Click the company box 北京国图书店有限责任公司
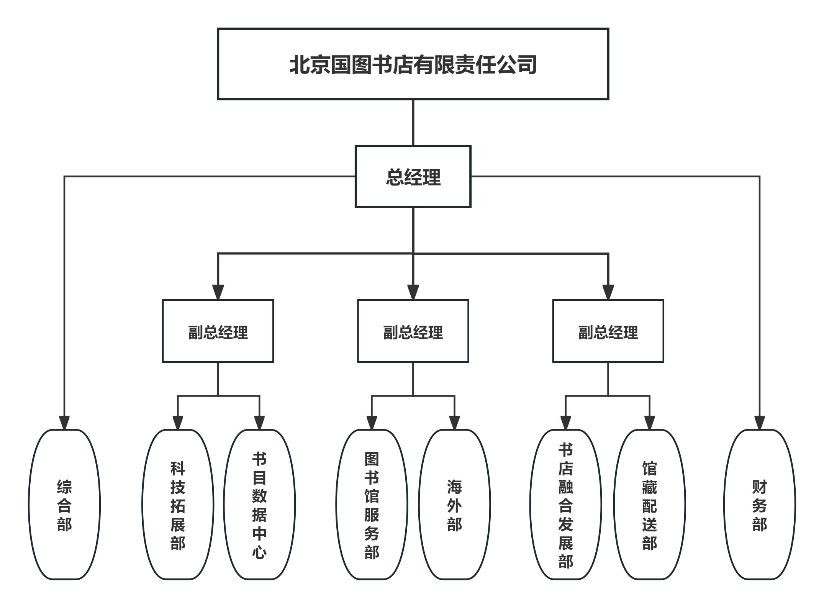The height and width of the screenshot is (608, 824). tap(413, 64)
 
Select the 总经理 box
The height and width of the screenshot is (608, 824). tap(413, 177)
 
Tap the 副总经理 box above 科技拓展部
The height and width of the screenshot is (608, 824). tap(218, 331)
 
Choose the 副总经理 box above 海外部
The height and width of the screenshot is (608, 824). tap(413, 331)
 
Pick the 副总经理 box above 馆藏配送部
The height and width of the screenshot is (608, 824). tap(608, 331)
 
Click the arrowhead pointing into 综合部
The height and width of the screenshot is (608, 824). tap(64, 422)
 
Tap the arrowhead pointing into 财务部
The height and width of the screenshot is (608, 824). tap(759, 422)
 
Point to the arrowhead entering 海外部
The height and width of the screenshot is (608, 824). tap(454, 422)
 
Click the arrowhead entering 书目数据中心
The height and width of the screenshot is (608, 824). tap(259, 422)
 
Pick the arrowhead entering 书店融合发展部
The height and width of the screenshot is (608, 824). tap(565, 422)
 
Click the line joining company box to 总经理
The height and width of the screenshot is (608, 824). tap(413, 123)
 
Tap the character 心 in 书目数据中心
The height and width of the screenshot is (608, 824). tap(259, 552)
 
